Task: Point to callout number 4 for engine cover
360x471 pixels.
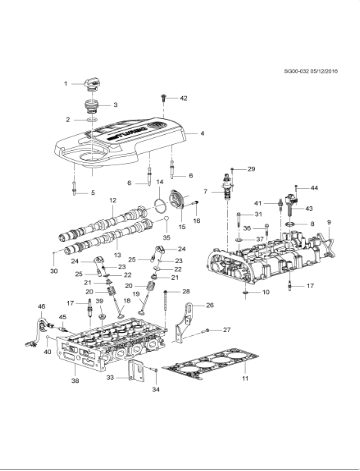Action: click(x=201, y=133)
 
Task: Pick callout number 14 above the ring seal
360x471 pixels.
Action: click(x=159, y=181)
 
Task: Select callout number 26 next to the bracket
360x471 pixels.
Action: click(x=209, y=305)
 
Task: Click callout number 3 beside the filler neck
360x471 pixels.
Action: click(x=114, y=104)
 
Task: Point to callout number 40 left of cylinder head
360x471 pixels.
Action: click(x=47, y=351)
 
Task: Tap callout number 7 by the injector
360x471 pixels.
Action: click(x=204, y=191)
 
